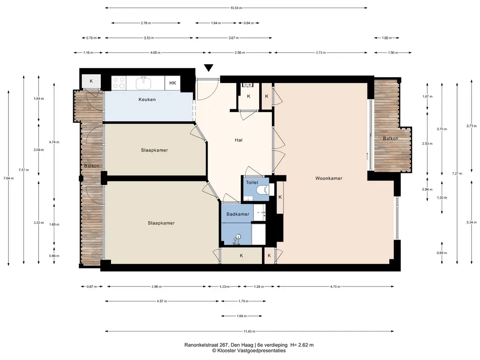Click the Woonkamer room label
[329, 178]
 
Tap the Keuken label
[147, 99]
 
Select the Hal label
[239, 140]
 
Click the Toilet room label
[252, 182]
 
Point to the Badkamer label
[238, 214]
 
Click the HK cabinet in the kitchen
[172, 83]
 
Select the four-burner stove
[119, 83]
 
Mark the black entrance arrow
[209, 67]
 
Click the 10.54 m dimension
[236, 8]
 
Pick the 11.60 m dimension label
[249, 331]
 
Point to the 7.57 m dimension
[23, 170]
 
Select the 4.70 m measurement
[335, 286]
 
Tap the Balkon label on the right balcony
[390, 138]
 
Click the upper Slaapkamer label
[154, 150]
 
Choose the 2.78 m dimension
[146, 23]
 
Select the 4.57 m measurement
[162, 301]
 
